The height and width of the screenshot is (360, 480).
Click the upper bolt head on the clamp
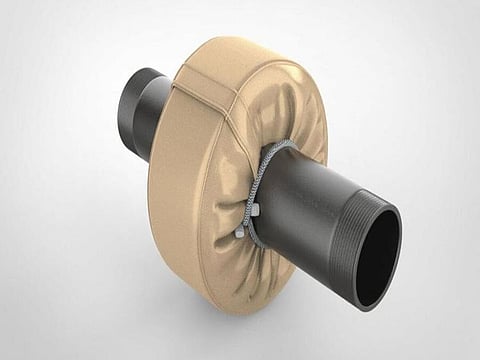pyautogui.click(x=256, y=211)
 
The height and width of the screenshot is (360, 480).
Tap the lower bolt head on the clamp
pyautogui.click(x=240, y=232)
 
